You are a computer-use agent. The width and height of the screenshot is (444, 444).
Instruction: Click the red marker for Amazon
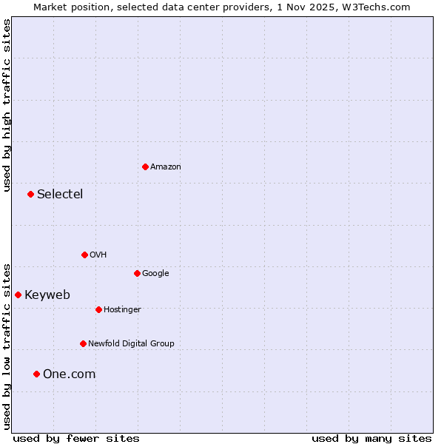click(x=145, y=166)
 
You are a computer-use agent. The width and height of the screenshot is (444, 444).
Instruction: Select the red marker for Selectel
click(x=30, y=194)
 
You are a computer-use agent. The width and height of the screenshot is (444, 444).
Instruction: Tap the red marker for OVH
click(x=84, y=255)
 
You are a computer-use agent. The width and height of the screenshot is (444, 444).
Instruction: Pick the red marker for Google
click(x=137, y=273)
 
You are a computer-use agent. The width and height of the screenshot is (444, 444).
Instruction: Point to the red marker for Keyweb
click(x=18, y=295)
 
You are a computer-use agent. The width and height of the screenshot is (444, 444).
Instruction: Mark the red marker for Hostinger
click(x=98, y=309)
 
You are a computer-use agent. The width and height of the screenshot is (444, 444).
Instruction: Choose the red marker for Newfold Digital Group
click(x=83, y=343)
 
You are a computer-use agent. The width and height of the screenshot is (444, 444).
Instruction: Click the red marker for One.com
click(x=36, y=374)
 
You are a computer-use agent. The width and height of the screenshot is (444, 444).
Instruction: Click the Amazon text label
click(x=166, y=167)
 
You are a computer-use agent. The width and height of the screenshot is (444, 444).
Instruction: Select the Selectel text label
click(x=60, y=195)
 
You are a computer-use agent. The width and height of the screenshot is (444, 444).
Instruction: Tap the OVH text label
click(x=98, y=255)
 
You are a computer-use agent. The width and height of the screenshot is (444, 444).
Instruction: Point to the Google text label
click(x=155, y=274)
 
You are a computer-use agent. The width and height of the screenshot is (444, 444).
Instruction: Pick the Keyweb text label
click(x=47, y=295)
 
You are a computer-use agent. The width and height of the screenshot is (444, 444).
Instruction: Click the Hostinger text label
click(x=122, y=310)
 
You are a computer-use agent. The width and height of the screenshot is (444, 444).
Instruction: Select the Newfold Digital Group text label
click(x=131, y=344)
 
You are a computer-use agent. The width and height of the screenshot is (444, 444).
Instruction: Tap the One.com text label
click(x=69, y=374)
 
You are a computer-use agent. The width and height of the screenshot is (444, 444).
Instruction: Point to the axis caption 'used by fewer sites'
click(x=76, y=438)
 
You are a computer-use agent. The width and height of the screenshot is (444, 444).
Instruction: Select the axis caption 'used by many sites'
click(x=371, y=438)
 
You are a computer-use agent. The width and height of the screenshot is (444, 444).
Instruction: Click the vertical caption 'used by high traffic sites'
click(x=7, y=106)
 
